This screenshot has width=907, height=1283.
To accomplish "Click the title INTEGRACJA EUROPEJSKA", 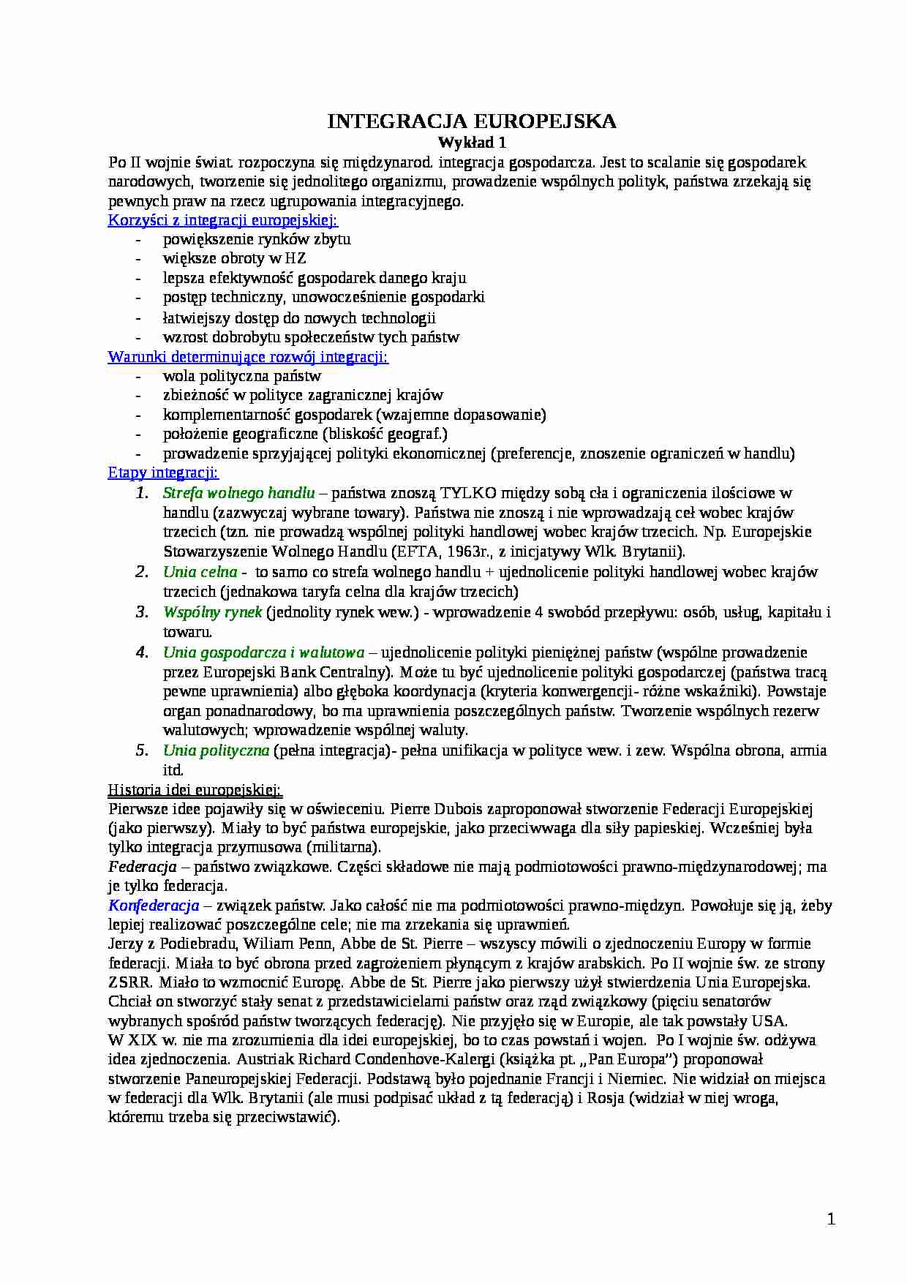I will pos(472,121).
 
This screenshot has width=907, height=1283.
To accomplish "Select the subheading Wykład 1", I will pos(472,142).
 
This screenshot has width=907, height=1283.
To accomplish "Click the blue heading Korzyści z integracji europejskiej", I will pos(223,220).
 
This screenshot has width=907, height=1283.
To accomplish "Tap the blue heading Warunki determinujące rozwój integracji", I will pos(248,357).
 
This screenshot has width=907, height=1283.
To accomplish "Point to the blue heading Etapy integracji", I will pos(163,473).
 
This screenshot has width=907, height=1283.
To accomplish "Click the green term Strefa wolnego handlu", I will pos(238,492).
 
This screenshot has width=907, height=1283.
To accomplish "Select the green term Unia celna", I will pos(200,571).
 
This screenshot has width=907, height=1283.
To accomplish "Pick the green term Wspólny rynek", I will pos(212,612).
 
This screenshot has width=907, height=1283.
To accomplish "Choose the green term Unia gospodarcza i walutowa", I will pos(263,652).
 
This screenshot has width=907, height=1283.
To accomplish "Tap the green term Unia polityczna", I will pos(216,750).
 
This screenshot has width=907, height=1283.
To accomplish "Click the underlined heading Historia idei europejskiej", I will pos(195,790).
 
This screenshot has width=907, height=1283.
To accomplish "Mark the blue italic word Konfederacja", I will pos(154,906).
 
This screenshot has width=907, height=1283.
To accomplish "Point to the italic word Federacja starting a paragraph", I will pos(143,867).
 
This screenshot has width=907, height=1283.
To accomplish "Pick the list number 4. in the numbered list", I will pos(142,652).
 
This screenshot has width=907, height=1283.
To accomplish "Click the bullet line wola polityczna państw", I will pos(241,376).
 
